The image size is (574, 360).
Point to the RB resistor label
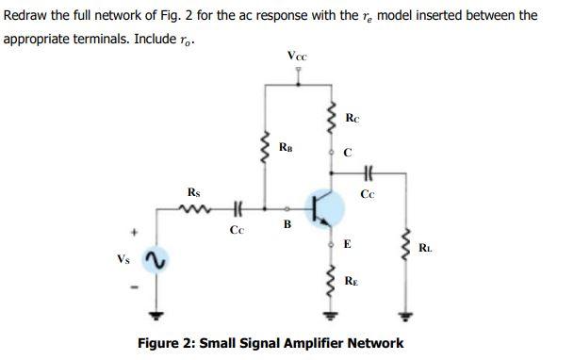coord(287,146)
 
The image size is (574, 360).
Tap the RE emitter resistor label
coord(351,280)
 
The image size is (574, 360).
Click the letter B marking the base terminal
coord(287,224)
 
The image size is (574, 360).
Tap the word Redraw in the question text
coord(25,16)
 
